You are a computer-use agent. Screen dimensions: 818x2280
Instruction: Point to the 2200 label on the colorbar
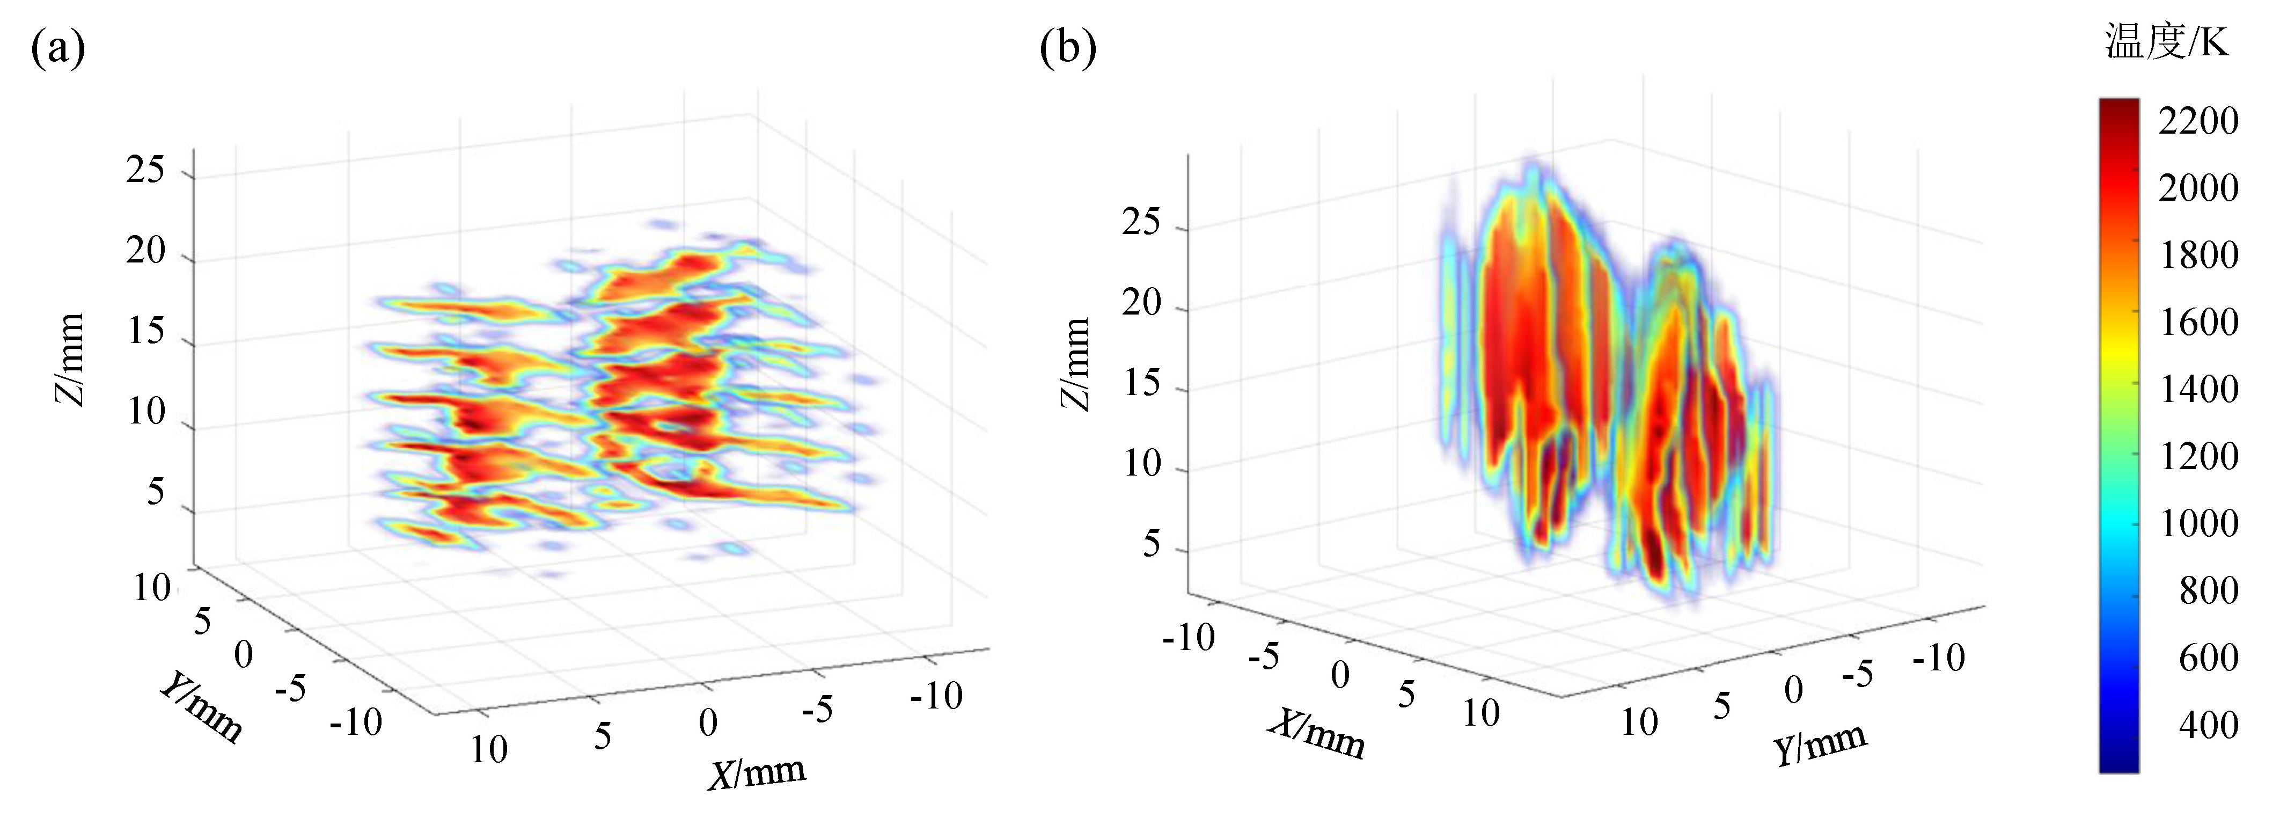click(2198, 121)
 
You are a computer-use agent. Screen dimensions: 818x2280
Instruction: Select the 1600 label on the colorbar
click(2198, 322)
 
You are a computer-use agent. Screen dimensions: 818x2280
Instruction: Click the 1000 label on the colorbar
click(2198, 523)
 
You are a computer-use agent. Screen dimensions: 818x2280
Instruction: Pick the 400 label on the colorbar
click(2208, 725)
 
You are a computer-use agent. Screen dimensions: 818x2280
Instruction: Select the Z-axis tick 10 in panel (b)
click(1142, 463)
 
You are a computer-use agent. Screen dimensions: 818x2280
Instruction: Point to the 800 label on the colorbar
click(2208, 590)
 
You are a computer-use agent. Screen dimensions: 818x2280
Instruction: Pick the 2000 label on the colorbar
click(2198, 188)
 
